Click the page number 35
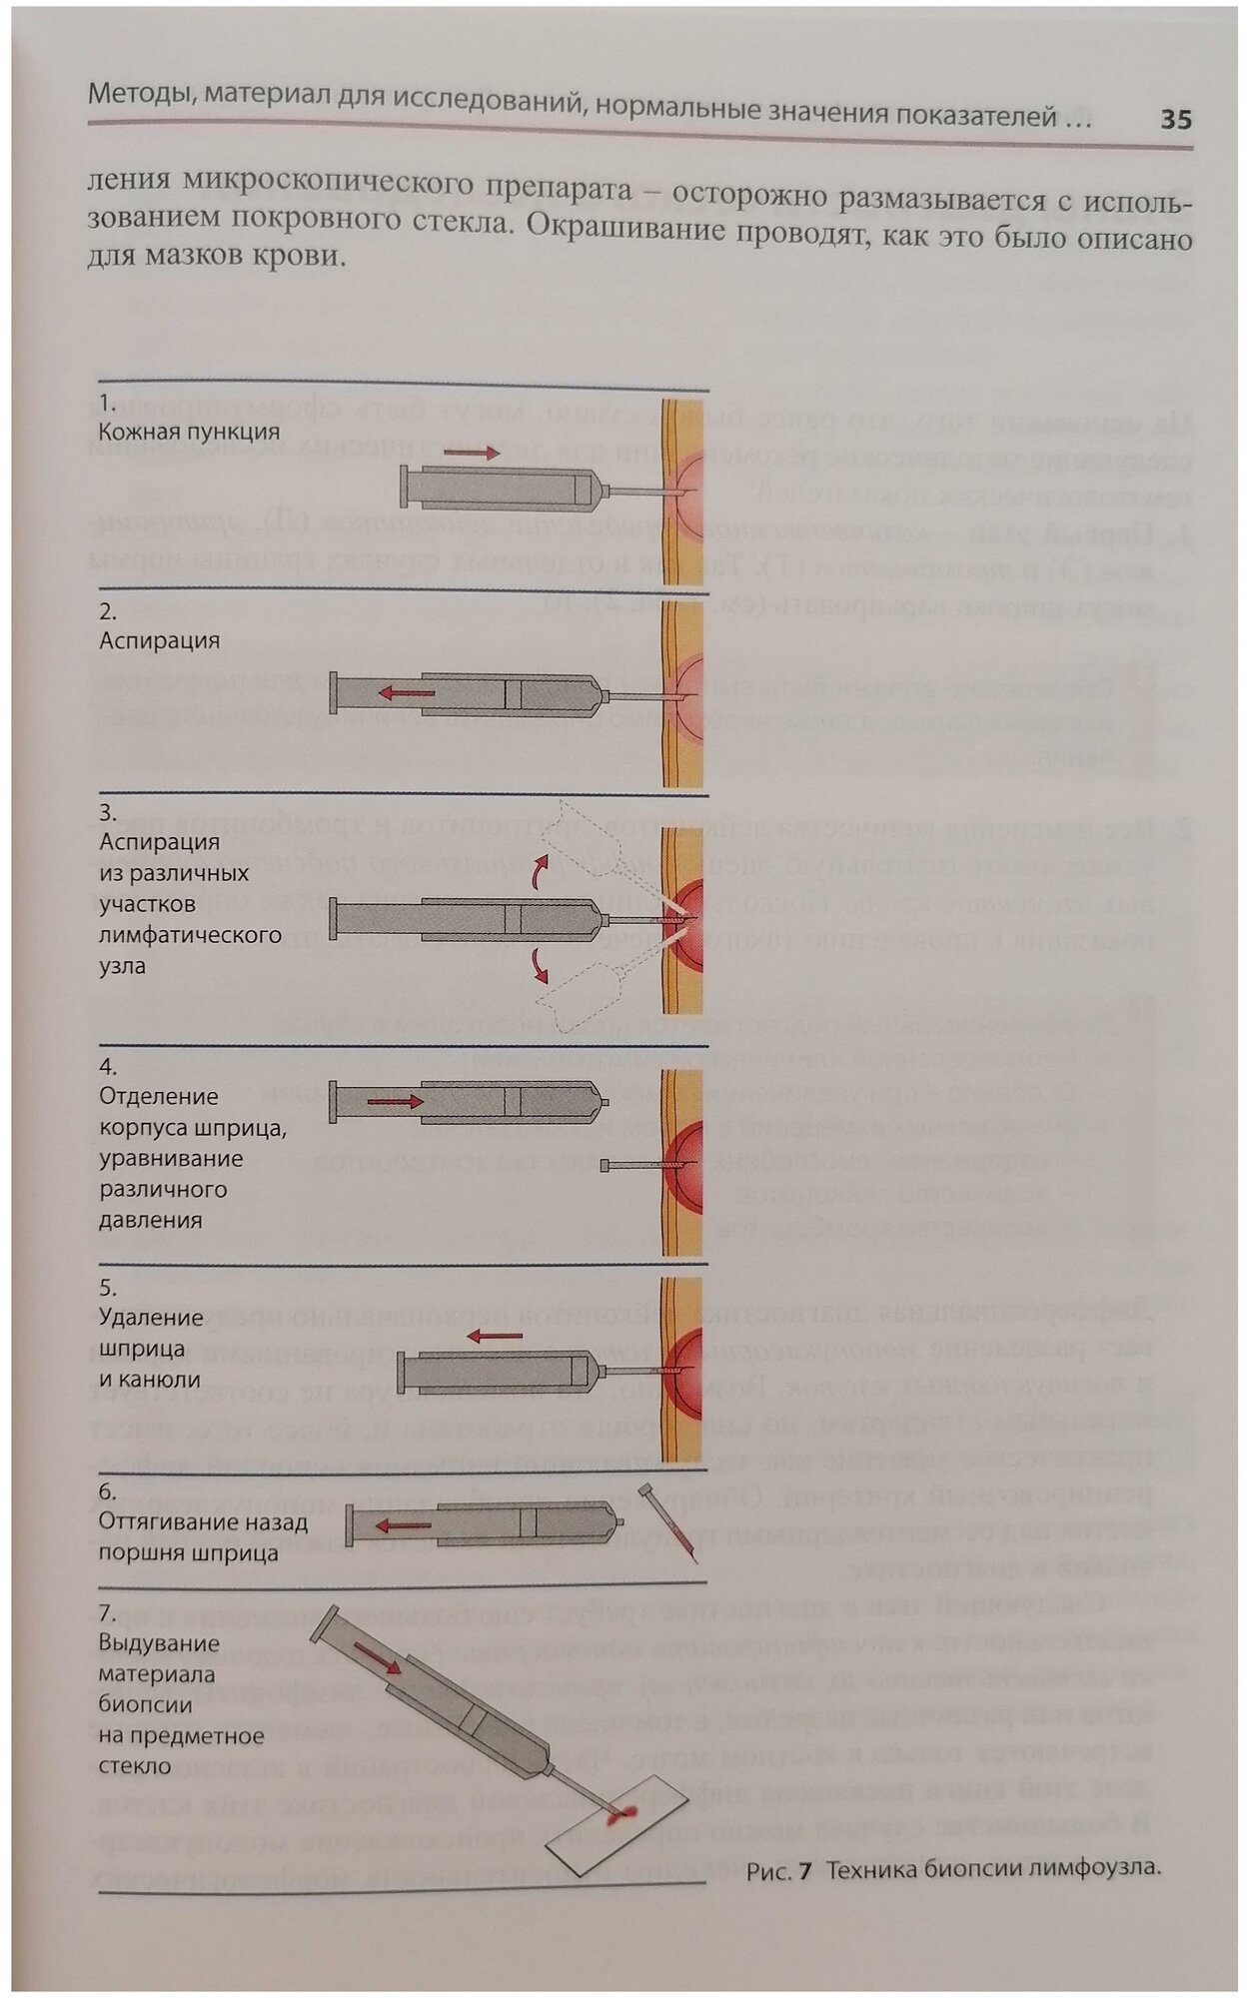pyautogui.click(x=1176, y=120)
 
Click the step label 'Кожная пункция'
pyautogui.click(x=188, y=432)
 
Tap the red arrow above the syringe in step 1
pyautogui.click(x=472, y=454)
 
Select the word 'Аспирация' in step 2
pyautogui.click(x=159, y=640)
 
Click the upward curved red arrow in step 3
pyautogui.click(x=539, y=871)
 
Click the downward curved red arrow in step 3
pyautogui.click(x=541, y=964)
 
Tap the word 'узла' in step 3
pyautogui.click(x=122, y=966)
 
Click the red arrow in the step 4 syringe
pyautogui.click(x=396, y=1102)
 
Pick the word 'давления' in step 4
pyautogui.click(x=150, y=1220)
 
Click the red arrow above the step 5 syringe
pyautogui.click(x=496, y=1335)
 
